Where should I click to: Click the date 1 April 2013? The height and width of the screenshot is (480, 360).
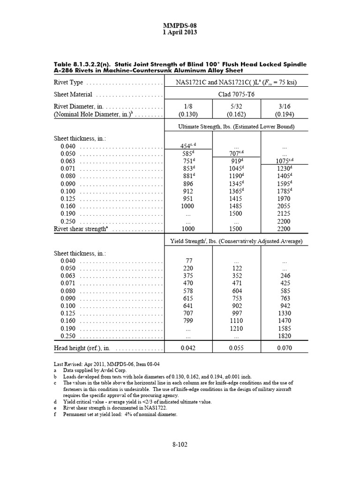(x=180, y=32)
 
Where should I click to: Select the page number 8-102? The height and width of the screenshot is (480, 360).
(x=180, y=445)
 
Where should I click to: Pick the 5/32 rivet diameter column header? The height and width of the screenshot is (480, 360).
(x=236, y=106)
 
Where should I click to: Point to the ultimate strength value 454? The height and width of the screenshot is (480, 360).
(x=187, y=146)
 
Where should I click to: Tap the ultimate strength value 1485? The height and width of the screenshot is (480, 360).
(x=236, y=206)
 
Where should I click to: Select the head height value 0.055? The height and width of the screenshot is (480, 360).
(x=236, y=348)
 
